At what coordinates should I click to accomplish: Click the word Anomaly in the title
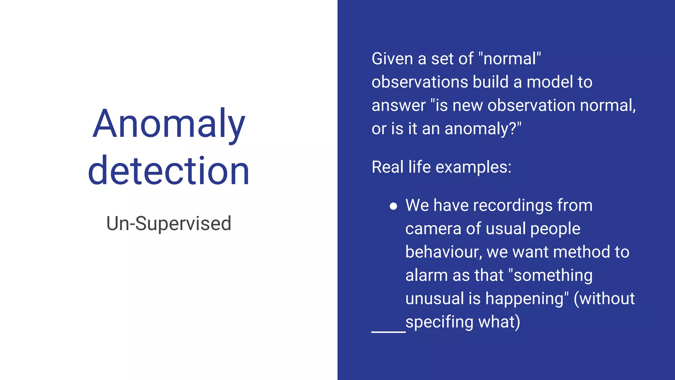[169, 124]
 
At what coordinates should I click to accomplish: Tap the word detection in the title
[169, 171]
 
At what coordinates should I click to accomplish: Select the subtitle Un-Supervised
[169, 223]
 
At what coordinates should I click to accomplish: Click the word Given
[392, 59]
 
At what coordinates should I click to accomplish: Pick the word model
[549, 82]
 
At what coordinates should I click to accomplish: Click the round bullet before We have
[393, 206]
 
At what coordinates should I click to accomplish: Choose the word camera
[433, 229]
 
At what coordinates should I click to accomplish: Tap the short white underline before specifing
[388, 332]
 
